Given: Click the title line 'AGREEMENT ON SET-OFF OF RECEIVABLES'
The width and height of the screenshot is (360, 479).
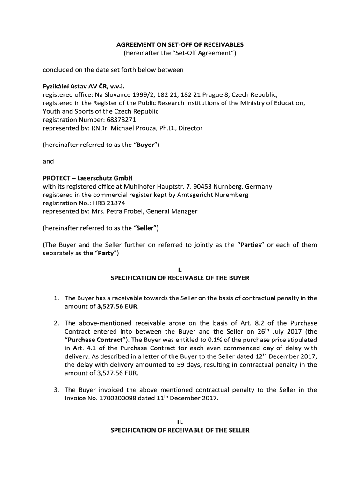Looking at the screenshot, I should (x=180, y=45).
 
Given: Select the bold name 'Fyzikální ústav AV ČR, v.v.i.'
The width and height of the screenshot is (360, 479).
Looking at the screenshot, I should (x=85, y=86).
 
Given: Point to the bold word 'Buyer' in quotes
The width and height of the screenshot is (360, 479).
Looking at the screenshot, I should (x=145, y=145).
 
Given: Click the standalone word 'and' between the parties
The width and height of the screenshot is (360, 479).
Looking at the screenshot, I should (x=48, y=161).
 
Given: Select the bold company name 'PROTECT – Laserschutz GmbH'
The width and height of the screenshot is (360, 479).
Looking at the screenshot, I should (x=88, y=178).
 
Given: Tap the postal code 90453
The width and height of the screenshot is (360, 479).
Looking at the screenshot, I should (x=202, y=186).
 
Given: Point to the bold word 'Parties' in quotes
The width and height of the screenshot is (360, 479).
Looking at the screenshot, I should (x=250, y=245).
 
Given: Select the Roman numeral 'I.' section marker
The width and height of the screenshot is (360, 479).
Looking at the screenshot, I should (x=180, y=270).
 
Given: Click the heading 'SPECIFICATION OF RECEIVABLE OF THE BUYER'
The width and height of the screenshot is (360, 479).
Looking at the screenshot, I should (x=180, y=278).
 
